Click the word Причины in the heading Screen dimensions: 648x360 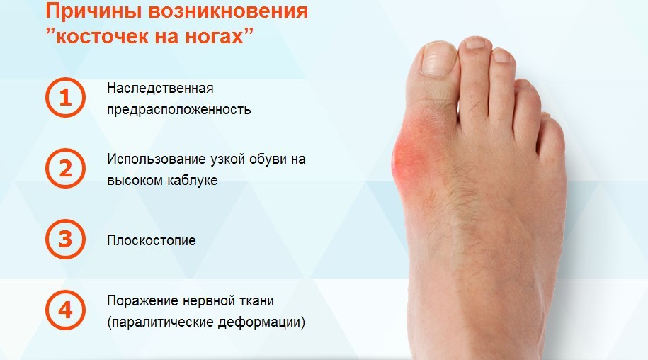(93, 11)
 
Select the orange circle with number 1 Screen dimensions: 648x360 (65, 98)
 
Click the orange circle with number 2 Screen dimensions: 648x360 (65, 168)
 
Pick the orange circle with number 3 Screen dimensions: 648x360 (65, 240)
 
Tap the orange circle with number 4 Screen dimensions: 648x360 (65, 310)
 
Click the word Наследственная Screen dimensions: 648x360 (160, 88)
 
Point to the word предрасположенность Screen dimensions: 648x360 (179, 110)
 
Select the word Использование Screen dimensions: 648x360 (157, 159)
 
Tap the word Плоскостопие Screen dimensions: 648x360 (152, 240)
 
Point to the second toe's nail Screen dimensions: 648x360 (476, 43)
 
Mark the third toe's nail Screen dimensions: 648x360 (501, 55)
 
